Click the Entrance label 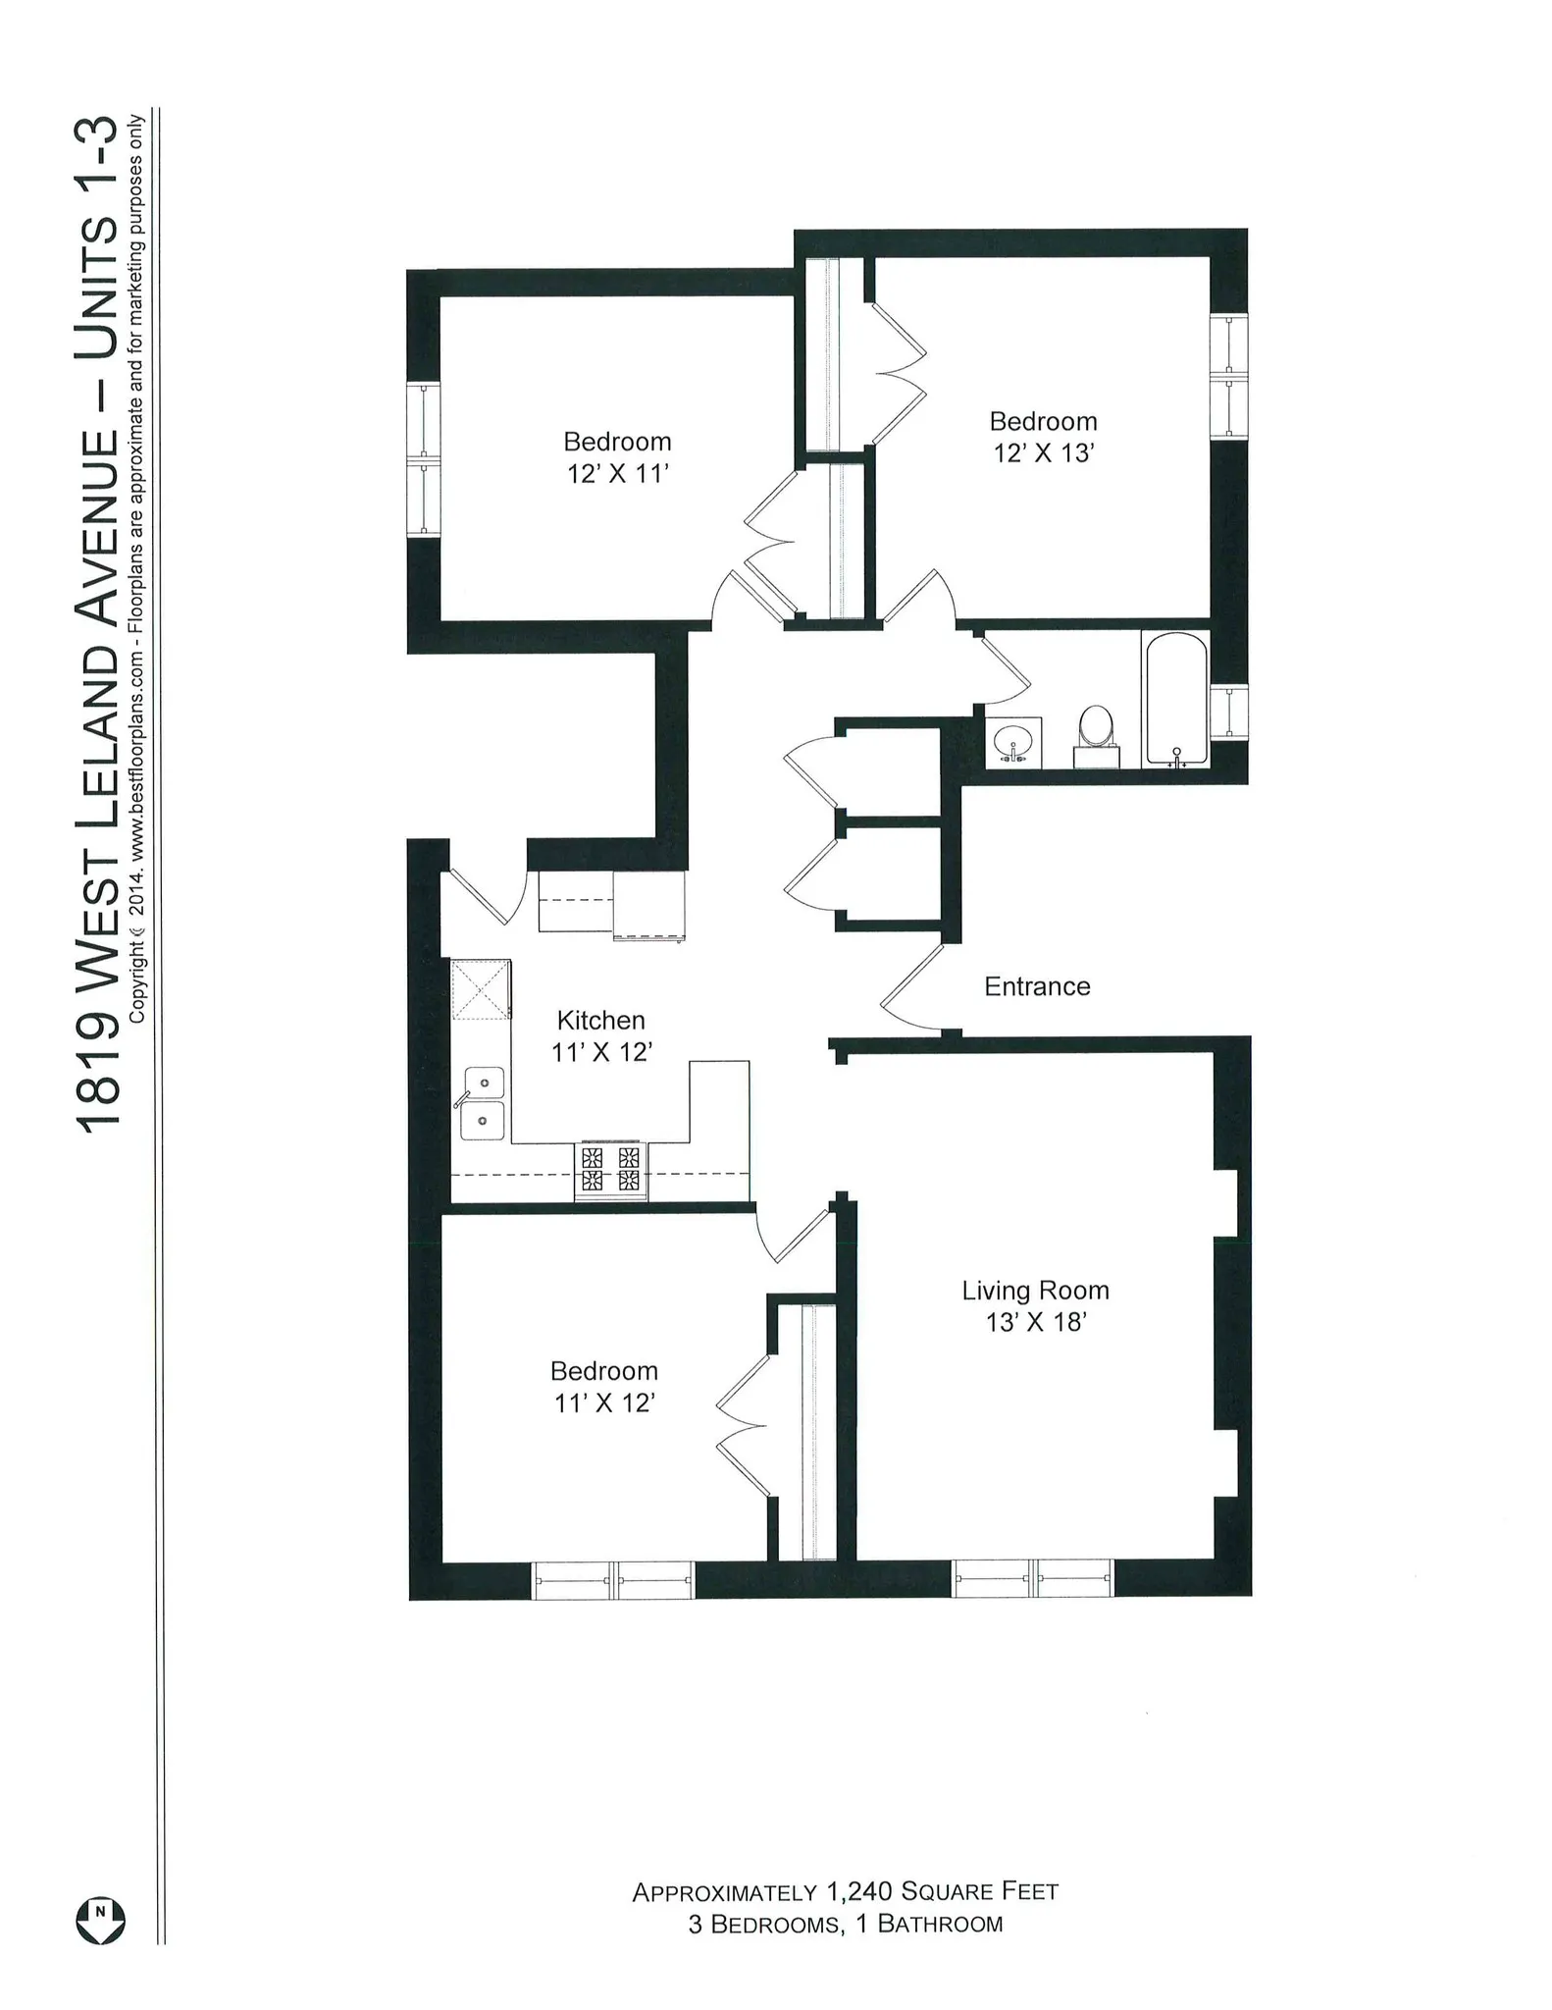click(1037, 986)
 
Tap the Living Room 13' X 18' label click(1035, 1306)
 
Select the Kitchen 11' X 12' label click(600, 1035)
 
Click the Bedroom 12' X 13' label click(1043, 437)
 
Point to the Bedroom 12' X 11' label click(617, 457)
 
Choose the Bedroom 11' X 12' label click(603, 1387)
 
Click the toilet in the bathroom click(1096, 735)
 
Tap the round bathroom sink click(1012, 743)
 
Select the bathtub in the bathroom click(1175, 699)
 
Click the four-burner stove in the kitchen click(610, 1169)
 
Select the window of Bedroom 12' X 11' click(423, 459)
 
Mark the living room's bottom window click(1033, 1578)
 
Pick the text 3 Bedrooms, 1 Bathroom click(845, 1924)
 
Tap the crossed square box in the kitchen click(481, 989)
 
